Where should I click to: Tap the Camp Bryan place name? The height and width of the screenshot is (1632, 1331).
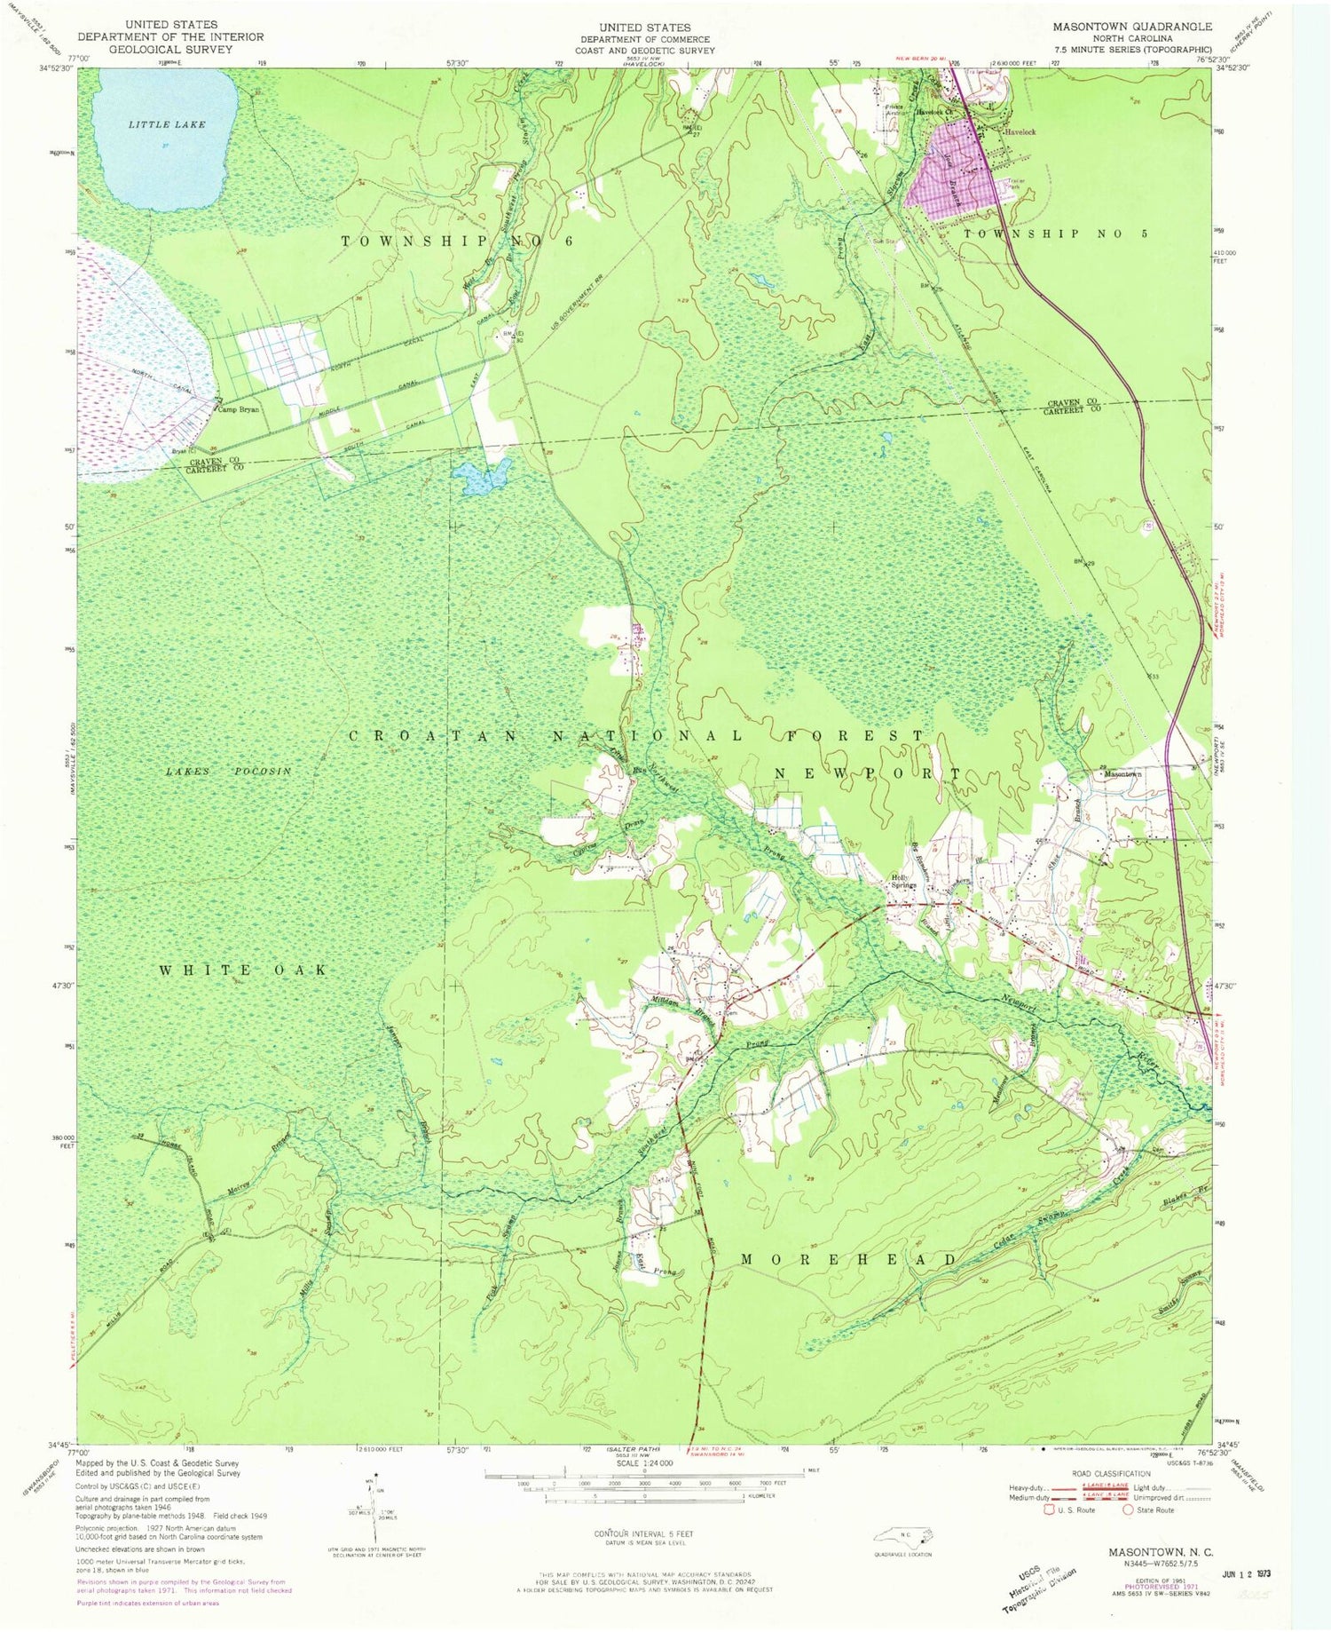pyautogui.click(x=239, y=410)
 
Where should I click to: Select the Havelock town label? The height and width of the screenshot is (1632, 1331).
pyautogui.click(x=1020, y=132)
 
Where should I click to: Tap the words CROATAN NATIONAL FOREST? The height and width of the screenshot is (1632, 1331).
pyautogui.click(x=635, y=736)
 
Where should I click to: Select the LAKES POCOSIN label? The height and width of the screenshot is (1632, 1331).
pyautogui.click(x=228, y=772)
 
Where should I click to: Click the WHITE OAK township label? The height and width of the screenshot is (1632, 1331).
pyautogui.click(x=243, y=970)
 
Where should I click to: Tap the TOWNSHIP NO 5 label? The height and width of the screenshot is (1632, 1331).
pyautogui.click(x=1044, y=234)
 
